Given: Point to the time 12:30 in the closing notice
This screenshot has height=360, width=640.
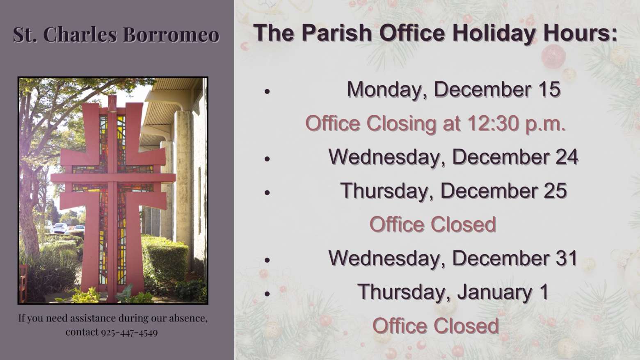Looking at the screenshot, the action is (x=493, y=123).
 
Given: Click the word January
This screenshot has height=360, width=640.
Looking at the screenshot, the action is (x=494, y=292).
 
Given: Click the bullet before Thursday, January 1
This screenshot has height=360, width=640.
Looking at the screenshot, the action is (x=267, y=294).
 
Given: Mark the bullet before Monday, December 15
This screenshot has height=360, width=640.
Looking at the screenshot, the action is (x=267, y=91).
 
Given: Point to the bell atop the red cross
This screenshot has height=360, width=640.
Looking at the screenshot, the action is (x=112, y=104).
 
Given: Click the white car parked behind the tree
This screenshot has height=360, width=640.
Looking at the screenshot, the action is (x=61, y=228).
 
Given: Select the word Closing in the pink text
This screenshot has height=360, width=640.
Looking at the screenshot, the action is (x=401, y=124).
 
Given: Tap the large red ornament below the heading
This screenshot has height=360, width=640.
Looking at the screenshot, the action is (x=553, y=56).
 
